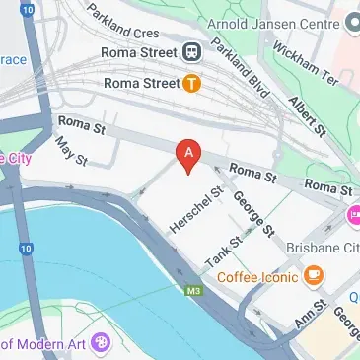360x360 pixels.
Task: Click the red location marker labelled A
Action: click(x=187, y=154)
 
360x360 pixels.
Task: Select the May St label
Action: click(x=71, y=151)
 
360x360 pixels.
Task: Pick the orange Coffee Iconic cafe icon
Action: click(x=314, y=276)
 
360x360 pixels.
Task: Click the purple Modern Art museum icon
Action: click(x=99, y=343)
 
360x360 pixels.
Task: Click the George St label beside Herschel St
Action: click(x=254, y=215)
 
